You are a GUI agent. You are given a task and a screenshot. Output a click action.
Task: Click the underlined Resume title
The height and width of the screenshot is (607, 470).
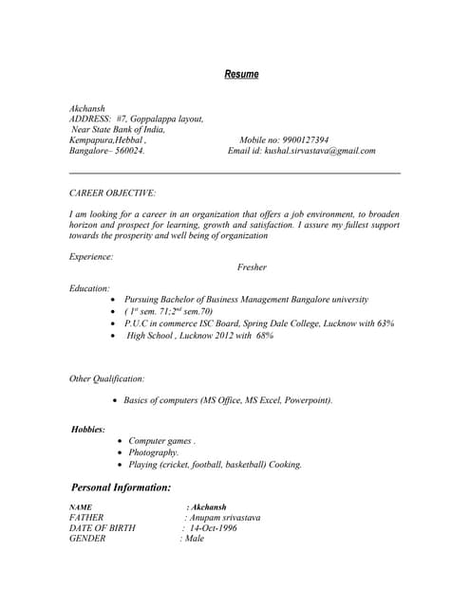tap(241, 74)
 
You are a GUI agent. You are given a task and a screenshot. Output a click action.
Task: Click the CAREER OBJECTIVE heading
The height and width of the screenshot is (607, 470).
tap(105, 193)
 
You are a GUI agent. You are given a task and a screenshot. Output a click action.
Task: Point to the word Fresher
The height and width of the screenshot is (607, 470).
tap(252, 267)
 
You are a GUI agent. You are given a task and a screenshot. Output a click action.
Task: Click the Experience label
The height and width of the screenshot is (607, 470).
tap(91, 256)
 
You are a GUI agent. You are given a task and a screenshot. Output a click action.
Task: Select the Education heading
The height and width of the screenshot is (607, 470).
tap(89, 287)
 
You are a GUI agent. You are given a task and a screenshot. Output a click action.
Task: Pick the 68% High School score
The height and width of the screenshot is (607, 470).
tap(264, 336)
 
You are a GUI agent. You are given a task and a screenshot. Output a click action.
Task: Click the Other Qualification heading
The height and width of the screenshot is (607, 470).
tap(107, 379)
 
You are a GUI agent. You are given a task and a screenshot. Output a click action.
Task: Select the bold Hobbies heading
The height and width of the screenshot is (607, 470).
tap(88, 430)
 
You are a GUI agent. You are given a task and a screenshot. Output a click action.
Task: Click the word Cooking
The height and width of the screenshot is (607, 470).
tap(282, 465)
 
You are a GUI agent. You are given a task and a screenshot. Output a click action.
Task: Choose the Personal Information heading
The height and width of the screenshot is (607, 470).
tap(122, 487)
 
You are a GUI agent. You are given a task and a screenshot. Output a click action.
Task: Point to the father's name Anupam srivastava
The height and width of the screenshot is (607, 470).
tap(224, 518)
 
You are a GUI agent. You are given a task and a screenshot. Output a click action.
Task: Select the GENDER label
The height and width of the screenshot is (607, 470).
tap(87, 539)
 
